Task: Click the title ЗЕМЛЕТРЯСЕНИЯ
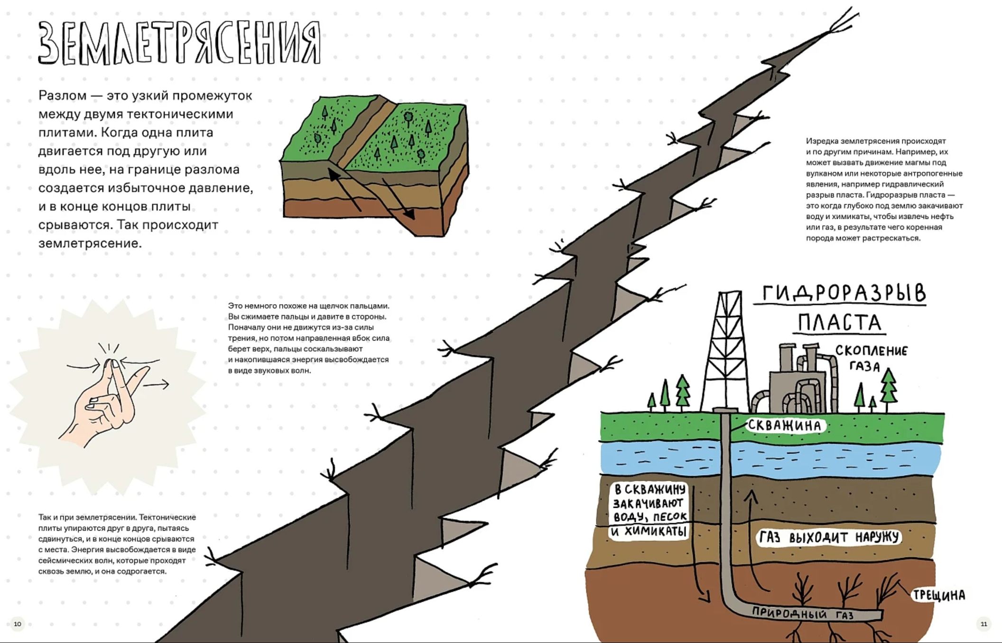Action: point(179,43)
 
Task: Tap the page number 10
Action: point(18,624)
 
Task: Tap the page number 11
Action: point(983,624)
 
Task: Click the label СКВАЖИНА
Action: point(784,425)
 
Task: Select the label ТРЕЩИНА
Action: point(939,595)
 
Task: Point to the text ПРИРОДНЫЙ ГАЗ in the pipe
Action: point(803,614)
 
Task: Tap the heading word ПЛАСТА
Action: point(839,323)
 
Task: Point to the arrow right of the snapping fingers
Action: point(156,384)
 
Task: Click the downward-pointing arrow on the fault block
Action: point(399,199)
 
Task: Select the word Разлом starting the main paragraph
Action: point(62,95)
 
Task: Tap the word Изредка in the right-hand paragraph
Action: point(822,141)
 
